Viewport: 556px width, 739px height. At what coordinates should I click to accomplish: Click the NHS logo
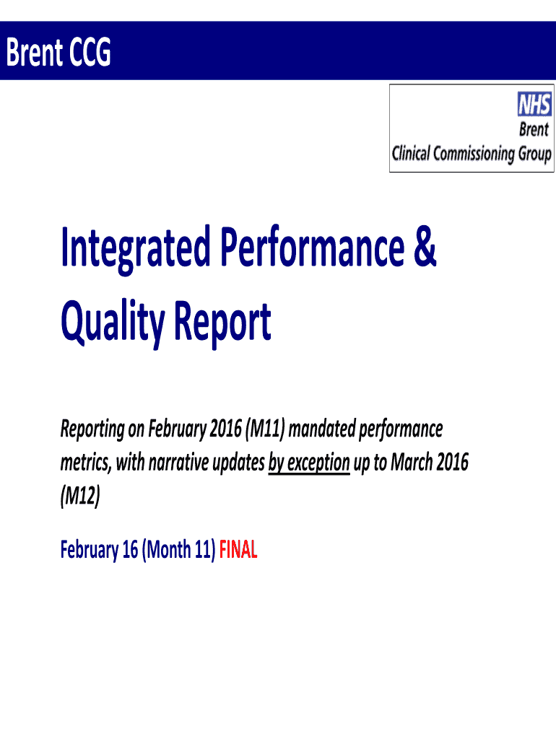534,104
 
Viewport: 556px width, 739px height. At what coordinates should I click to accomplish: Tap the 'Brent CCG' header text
58,52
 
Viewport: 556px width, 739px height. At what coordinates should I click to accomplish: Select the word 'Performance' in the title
312,247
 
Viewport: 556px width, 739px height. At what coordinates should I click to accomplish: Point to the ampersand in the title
425,247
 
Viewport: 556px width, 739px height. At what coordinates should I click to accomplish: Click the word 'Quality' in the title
113,323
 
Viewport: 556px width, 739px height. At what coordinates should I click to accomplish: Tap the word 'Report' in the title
222,323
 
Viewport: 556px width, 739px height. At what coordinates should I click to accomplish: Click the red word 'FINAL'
238,549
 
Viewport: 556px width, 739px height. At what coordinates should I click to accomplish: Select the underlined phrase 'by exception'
309,463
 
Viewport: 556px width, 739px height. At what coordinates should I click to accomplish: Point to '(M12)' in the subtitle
80,496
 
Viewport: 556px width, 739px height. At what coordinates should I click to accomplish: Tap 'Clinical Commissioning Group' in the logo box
472,154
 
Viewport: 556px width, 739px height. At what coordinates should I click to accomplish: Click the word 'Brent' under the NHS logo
534,129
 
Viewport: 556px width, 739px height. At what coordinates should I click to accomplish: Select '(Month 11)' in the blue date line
178,549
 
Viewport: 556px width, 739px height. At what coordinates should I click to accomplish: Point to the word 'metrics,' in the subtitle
87,463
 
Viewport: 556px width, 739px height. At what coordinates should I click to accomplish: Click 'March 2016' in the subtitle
430,462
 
